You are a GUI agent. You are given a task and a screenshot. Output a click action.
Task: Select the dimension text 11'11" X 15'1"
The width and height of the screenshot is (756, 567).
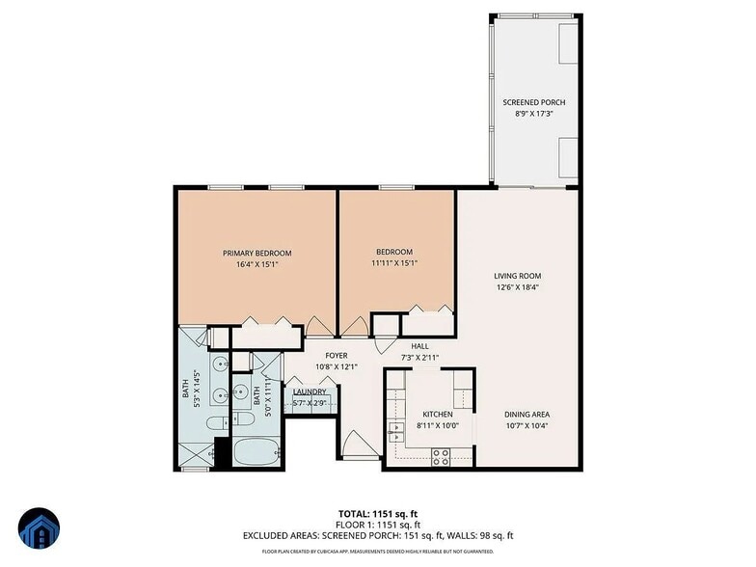click(x=395, y=262)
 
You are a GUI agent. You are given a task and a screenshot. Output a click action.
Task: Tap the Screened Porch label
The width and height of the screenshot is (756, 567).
click(x=533, y=102)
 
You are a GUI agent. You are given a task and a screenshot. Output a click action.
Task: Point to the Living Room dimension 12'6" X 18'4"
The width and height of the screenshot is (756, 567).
click(x=518, y=286)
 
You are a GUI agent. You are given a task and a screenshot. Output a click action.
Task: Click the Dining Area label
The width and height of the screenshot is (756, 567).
click(x=526, y=415)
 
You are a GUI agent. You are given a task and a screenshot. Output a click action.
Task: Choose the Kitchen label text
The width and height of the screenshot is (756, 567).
click(x=437, y=415)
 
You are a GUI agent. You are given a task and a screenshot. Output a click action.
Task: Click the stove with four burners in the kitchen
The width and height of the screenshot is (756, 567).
click(x=441, y=458)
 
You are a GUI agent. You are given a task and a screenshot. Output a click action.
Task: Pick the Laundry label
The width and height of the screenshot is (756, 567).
click(x=309, y=392)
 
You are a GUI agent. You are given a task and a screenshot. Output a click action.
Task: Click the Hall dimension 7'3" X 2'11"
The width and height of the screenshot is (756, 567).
click(x=419, y=358)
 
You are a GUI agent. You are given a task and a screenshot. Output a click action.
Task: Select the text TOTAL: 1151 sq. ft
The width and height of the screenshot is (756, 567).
click(x=377, y=513)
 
